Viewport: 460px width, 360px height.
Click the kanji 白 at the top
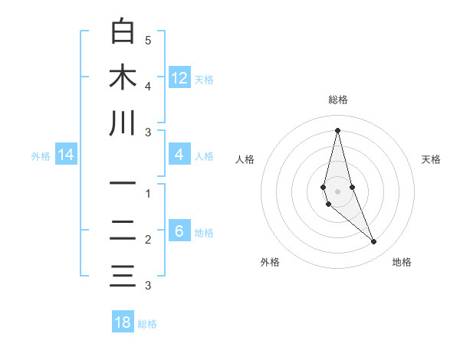tap(123, 31)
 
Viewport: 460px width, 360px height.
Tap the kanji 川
tap(123, 123)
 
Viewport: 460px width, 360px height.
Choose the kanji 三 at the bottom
tap(123, 275)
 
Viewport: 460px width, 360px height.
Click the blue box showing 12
tap(179, 77)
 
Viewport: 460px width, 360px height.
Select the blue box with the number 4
tap(179, 155)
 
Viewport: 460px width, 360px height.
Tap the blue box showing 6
tap(179, 231)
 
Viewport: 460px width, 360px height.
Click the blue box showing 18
tap(123, 322)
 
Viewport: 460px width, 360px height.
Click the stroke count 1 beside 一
tap(148, 194)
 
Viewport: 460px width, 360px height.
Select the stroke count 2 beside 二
tap(148, 240)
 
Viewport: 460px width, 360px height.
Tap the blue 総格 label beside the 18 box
tap(147, 323)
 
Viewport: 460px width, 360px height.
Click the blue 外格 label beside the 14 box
tap(41, 155)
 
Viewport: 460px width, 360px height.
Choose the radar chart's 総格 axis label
tap(338, 100)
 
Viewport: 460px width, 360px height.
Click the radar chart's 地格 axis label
tap(402, 262)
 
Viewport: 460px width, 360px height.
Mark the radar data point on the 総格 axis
tap(337, 130)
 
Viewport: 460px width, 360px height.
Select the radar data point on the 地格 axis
tap(373, 242)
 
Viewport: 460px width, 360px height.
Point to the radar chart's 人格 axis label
tap(245, 159)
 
